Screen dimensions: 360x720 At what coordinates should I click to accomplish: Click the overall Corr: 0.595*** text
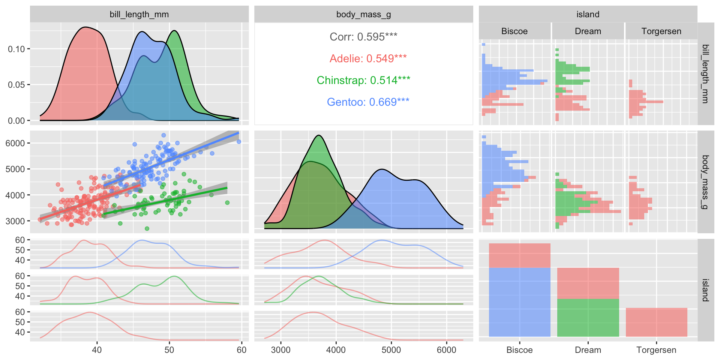pyautogui.click(x=363, y=37)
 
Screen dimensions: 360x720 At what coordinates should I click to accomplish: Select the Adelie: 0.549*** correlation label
pyautogui.click(x=368, y=58)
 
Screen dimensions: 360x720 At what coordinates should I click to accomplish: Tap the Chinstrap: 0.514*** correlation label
pyautogui.click(x=363, y=80)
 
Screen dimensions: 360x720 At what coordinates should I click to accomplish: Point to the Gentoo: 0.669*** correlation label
pyautogui.click(x=368, y=102)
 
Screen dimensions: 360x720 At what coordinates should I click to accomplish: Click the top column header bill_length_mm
pyautogui.click(x=139, y=14)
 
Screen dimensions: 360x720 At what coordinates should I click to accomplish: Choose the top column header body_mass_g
pyautogui.click(x=363, y=14)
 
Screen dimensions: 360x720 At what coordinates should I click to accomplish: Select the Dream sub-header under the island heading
pyautogui.click(x=588, y=31)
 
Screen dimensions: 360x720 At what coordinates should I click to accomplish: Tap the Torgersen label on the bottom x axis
pyautogui.click(x=656, y=350)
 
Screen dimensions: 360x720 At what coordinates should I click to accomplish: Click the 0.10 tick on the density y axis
pyautogui.click(x=16, y=49)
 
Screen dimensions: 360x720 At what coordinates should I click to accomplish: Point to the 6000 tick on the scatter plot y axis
pyautogui.click(x=15, y=143)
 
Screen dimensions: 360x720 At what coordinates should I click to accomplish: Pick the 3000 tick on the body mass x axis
pyautogui.click(x=280, y=350)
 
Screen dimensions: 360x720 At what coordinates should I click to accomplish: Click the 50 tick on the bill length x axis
pyautogui.click(x=169, y=350)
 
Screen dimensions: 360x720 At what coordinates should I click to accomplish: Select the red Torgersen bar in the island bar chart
pyautogui.click(x=656, y=322)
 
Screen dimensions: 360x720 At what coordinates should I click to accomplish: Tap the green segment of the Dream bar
pyautogui.click(x=588, y=318)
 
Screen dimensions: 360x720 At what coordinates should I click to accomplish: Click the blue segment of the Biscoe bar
pyautogui.click(x=519, y=302)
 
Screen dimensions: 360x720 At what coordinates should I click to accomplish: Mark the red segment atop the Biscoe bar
pyautogui.click(x=519, y=255)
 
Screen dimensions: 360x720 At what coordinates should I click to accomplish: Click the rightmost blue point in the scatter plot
pyautogui.click(x=239, y=142)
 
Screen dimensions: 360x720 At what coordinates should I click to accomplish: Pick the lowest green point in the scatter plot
pyautogui.click(x=147, y=228)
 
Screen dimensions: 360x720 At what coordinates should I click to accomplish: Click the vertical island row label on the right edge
pyautogui.click(x=705, y=290)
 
